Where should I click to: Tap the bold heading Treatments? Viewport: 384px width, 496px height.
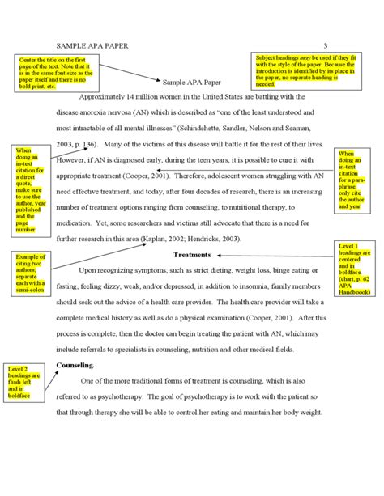[192, 255]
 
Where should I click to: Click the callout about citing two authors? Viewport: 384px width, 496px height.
[26, 274]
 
